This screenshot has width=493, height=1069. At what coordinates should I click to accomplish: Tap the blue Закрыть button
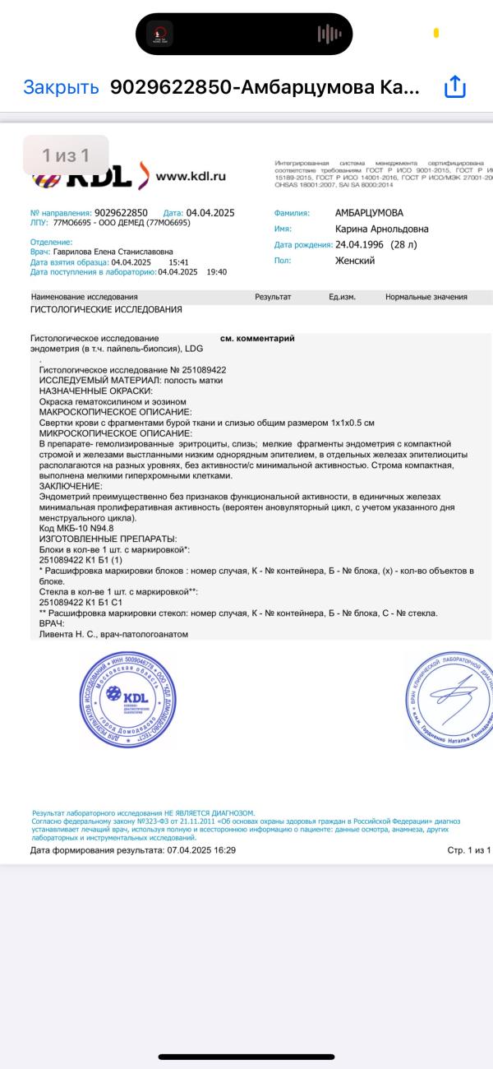coord(61,88)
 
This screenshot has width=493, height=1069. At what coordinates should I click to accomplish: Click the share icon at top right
coord(455,87)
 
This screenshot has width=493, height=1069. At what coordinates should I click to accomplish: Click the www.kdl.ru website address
coord(191,175)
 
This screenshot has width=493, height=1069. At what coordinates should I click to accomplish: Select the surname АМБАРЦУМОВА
coord(369,213)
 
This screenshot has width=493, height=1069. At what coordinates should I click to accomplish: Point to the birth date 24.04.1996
coord(361,245)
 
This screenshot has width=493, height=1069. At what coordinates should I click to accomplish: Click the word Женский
coord(355,261)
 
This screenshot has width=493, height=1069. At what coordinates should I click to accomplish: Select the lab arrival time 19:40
coord(216,271)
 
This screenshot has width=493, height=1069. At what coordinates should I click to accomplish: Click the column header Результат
coord(273,297)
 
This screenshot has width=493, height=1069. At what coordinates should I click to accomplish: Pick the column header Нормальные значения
coord(426,297)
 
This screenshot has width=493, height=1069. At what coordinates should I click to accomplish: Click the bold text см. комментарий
coord(257,338)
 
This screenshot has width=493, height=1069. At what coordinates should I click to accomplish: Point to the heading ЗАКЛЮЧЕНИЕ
coord(71,486)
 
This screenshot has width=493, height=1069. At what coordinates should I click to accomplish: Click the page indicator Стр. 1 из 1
coord(468,850)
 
